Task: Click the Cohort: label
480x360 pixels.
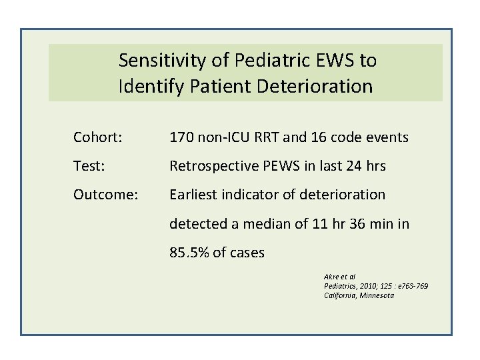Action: point(99,137)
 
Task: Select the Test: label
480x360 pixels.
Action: point(89,166)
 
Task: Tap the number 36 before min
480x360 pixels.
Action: point(354,225)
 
